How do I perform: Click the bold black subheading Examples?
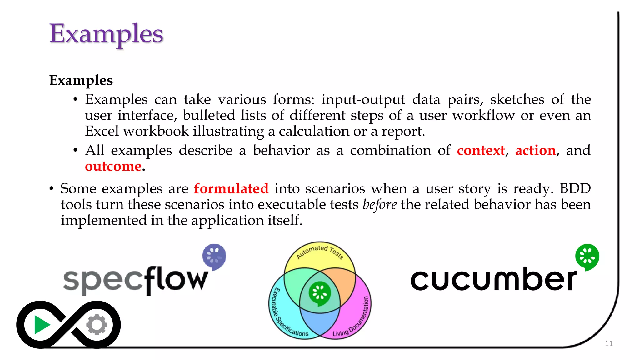pos(81,80)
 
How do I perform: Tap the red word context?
pos(481,151)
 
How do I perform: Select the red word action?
pos(535,151)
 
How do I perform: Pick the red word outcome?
pos(113,167)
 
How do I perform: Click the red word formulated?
pos(231,189)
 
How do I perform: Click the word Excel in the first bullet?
pos(102,131)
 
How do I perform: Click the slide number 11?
pos(608,344)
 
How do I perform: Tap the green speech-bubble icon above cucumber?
pos(587,257)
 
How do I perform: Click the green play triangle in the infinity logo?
pos(41,325)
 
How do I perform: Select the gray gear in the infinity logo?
pos(97,325)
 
